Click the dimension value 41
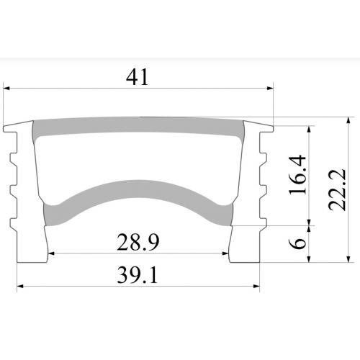coord(138,77)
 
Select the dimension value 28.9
coord(138,243)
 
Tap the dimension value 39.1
coord(138,276)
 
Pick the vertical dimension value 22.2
coord(337,189)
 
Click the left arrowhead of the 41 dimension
coord(6,89)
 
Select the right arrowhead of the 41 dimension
coord(271,89)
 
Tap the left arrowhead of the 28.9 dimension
coord(51,253)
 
